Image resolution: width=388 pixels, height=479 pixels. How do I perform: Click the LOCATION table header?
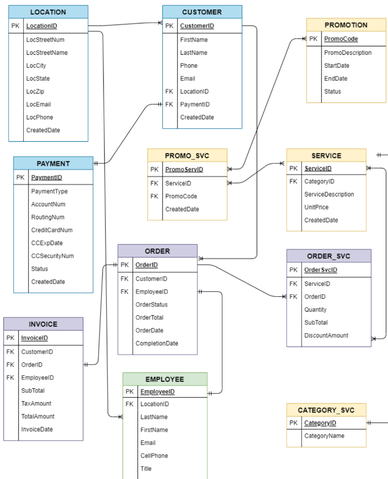click(48, 12)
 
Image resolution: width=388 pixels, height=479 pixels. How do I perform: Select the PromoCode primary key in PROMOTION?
click(341, 39)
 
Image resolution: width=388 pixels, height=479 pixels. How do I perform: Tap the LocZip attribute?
click(35, 92)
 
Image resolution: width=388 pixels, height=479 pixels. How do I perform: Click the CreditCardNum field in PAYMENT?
click(51, 230)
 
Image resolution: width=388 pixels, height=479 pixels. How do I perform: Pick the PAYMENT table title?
click(53, 164)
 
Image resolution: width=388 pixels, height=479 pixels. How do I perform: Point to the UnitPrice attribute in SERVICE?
click(316, 207)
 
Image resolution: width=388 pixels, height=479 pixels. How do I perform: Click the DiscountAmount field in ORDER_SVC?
click(326, 335)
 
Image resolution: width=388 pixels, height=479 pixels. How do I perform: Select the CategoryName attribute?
click(324, 436)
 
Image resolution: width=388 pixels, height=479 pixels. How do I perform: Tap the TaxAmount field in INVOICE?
click(36, 404)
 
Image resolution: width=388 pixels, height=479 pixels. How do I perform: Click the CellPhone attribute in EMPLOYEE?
click(154, 456)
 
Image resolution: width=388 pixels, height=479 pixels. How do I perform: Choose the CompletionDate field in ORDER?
click(157, 343)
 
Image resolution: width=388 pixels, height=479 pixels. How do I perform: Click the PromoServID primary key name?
click(184, 169)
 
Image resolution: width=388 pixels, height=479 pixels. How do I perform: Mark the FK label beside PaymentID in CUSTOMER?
click(169, 104)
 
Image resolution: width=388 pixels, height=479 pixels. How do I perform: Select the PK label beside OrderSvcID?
click(293, 270)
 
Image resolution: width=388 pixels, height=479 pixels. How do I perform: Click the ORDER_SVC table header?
click(328, 256)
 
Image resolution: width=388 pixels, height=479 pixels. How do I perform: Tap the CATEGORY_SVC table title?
click(326, 410)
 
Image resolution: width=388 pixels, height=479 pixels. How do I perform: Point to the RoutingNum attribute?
click(48, 217)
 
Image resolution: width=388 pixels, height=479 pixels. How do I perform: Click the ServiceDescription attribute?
click(329, 194)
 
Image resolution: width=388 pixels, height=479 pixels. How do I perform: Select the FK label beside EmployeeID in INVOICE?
click(10, 377)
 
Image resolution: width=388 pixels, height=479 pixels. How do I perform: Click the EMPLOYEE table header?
click(165, 379)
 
